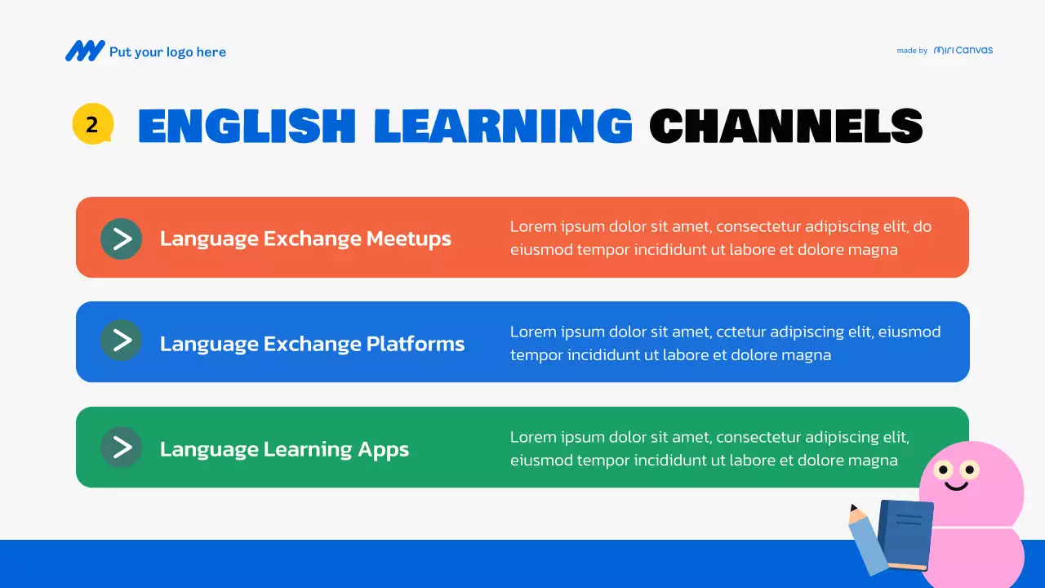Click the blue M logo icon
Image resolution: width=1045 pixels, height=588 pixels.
tap(85, 51)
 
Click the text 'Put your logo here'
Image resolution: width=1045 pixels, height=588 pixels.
tap(167, 52)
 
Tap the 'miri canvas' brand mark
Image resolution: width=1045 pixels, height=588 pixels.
tap(963, 50)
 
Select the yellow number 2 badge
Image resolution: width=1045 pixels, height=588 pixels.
tap(92, 125)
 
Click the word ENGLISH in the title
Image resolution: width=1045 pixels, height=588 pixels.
tap(247, 127)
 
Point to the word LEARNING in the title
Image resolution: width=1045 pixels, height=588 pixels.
tap(503, 127)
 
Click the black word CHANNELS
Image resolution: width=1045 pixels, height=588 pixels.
tap(785, 127)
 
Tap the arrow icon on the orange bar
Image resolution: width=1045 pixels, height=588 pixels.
tap(122, 238)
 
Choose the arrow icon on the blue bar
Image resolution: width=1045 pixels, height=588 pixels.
tap(122, 341)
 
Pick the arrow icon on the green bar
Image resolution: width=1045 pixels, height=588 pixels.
tap(122, 447)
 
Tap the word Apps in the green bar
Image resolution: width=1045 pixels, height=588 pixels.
tap(383, 449)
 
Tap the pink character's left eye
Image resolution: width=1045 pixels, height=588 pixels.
tap(944, 470)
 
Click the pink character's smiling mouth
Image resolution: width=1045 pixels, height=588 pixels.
tap(956, 487)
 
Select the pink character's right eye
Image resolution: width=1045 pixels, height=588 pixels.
tap(970, 470)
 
